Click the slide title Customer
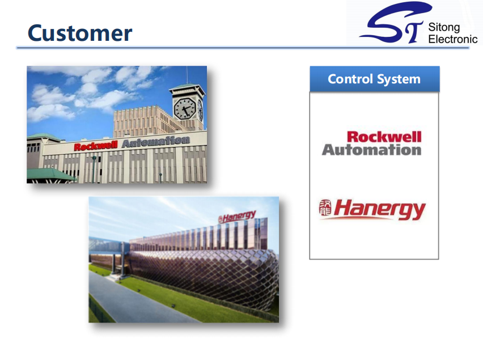[x=80, y=33]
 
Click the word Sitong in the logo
[x=444, y=27]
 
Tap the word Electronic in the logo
[x=453, y=39]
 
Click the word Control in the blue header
[x=350, y=79]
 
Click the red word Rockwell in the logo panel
[x=384, y=137]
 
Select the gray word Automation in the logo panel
[x=371, y=150]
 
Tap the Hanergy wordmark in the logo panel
[x=379, y=209]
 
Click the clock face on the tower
[x=184, y=108]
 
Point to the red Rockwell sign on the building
[x=96, y=146]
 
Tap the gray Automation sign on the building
[x=156, y=142]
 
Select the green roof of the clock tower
[x=187, y=86]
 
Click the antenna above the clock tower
[x=187, y=74]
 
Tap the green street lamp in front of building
[x=94, y=170]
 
